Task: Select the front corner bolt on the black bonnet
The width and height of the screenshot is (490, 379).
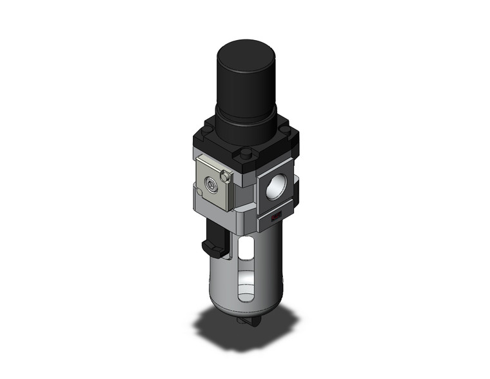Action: point(245,154)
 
